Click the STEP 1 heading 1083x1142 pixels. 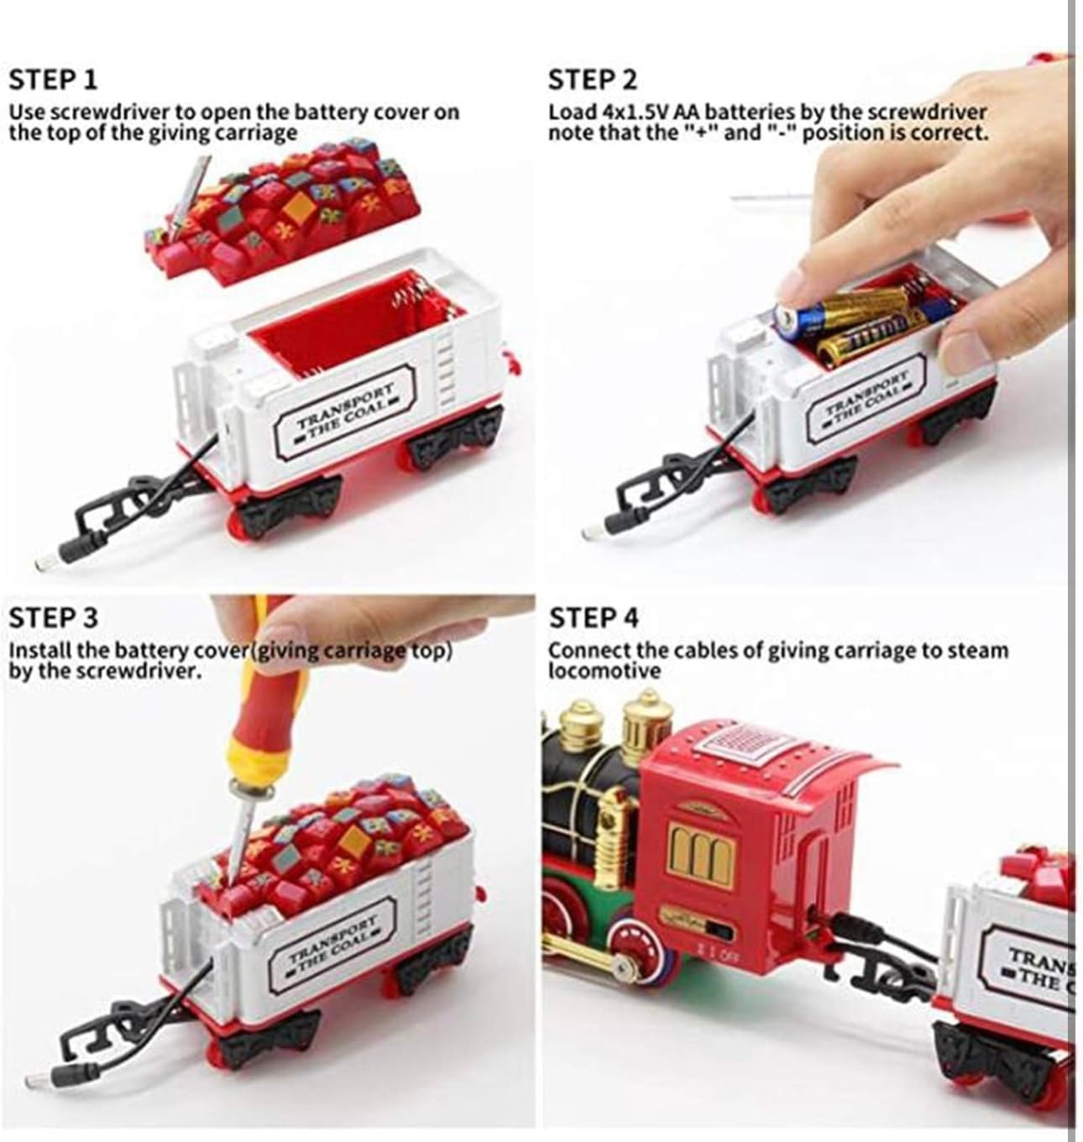[53, 80]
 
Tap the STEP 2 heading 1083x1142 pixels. [593, 80]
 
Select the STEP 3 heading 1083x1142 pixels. [54, 617]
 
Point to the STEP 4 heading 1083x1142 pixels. [594, 617]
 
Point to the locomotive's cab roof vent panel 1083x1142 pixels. [745, 745]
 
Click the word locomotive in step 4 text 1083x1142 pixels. [604, 671]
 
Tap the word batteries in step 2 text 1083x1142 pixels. [751, 112]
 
